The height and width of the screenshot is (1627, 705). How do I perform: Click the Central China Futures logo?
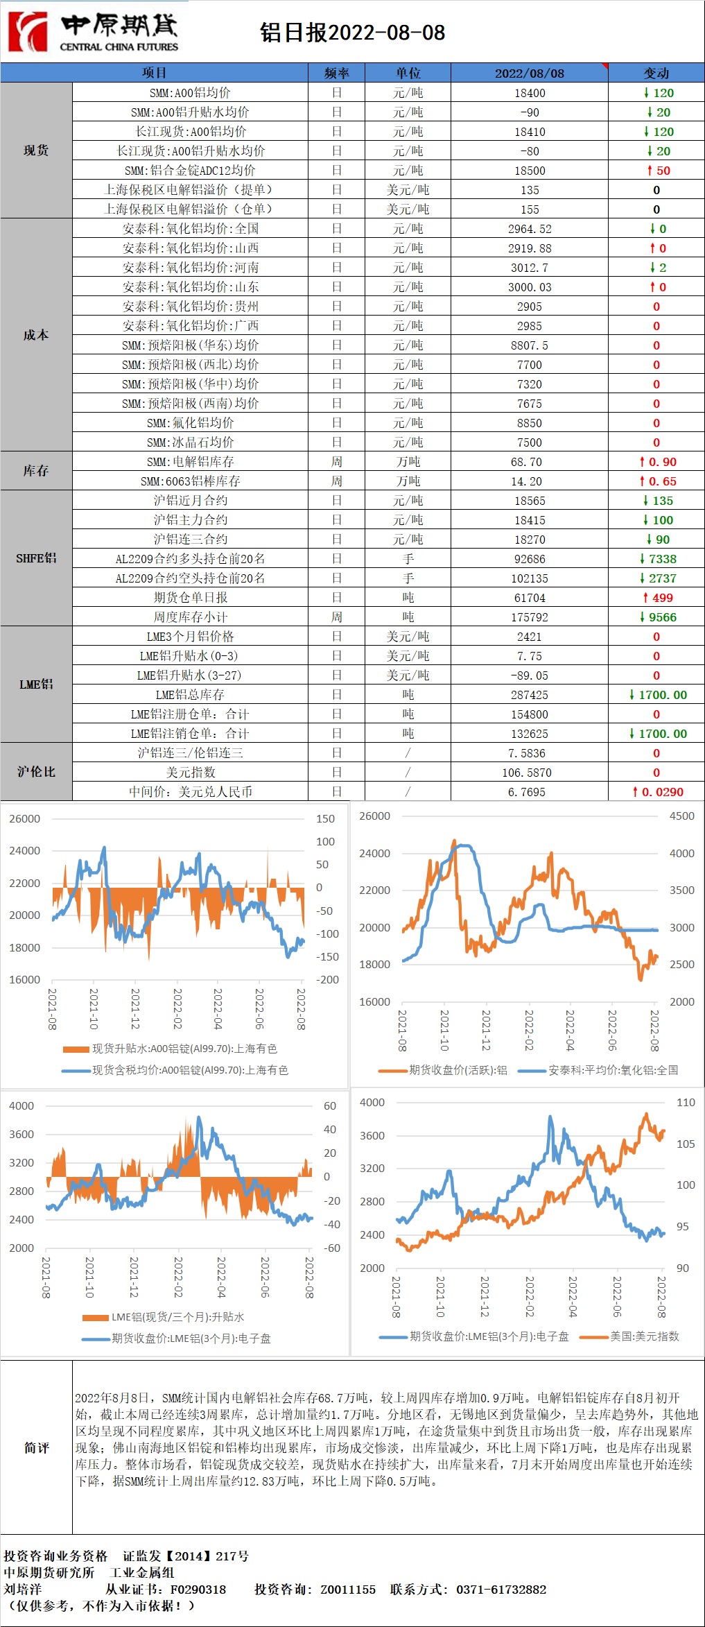click(x=93, y=32)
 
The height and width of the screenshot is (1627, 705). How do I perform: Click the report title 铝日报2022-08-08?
click(x=352, y=33)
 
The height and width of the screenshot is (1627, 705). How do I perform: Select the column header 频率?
click(x=336, y=73)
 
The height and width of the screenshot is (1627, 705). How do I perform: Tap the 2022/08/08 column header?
click(x=529, y=73)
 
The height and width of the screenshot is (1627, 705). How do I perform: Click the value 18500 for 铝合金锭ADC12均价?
click(x=530, y=171)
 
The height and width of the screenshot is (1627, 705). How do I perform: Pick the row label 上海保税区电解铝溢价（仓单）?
click(x=189, y=209)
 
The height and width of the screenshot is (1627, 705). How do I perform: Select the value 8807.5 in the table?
click(x=530, y=345)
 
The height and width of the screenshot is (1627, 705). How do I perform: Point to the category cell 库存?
click(x=36, y=471)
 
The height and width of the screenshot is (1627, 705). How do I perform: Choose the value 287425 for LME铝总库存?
click(x=530, y=695)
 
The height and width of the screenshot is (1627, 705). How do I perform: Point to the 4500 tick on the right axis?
click(x=681, y=816)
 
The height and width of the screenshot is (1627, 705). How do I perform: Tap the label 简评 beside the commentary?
click(x=36, y=1448)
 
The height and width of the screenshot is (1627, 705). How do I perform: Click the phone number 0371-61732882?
click(x=501, y=1590)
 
